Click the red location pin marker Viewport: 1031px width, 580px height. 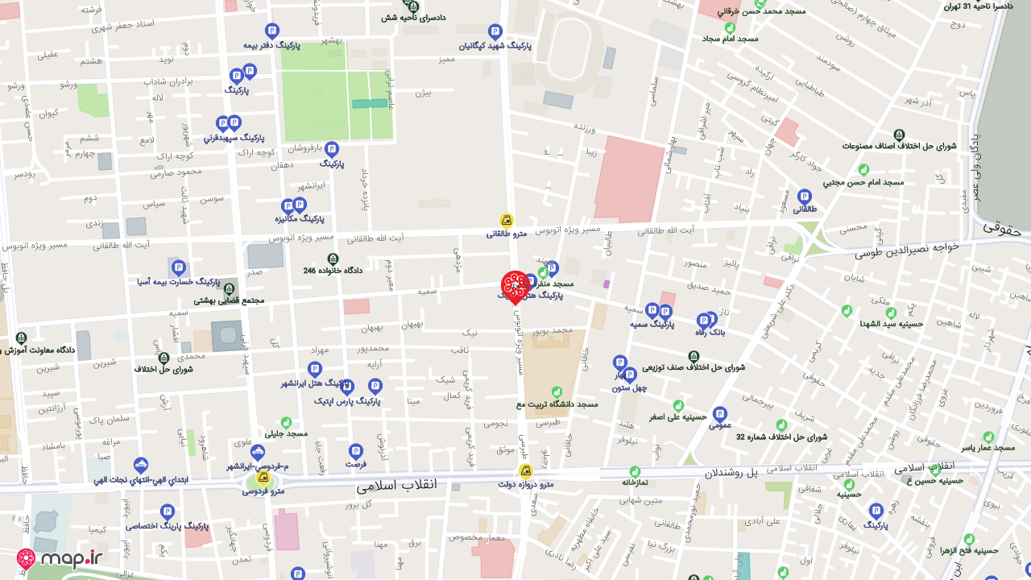coord(515,285)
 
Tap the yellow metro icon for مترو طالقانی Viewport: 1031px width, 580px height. coord(506,220)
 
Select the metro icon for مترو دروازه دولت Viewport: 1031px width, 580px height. coord(525,471)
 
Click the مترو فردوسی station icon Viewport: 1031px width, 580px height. coord(263,478)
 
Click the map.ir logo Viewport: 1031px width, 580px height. coord(60,558)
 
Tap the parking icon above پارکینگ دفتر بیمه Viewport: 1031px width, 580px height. coord(272,31)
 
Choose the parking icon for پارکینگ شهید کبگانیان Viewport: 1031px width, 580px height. coord(495,31)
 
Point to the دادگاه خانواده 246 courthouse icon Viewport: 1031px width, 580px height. coord(333,259)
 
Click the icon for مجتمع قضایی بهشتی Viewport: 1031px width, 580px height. coord(230,288)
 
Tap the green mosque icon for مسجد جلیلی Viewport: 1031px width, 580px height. coord(286,422)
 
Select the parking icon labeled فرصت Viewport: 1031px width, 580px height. coord(356,451)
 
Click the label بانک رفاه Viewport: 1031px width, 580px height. coord(711,332)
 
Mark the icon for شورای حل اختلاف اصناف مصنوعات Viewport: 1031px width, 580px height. coord(899,135)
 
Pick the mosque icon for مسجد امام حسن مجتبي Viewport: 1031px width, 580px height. coord(863,170)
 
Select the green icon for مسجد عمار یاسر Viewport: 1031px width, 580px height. coord(988,436)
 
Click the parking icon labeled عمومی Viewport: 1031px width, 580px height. coord(720,413)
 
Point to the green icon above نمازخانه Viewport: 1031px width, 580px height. coord(635,471)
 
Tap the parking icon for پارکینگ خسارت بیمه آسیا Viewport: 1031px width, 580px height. coord(179,267)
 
